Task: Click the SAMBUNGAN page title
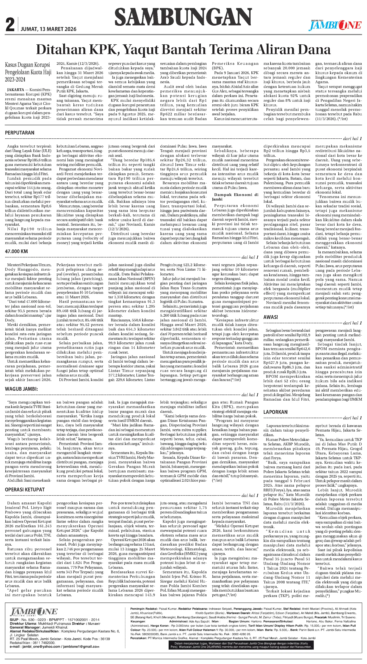pyautogui.click(x=183, y=18)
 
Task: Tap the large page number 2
pyautogui.click(x=10, y=25)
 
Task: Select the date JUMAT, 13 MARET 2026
pyautogui.click(x=49, y=29)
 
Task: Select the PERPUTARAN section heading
pyautogui.click(x=20, y=133)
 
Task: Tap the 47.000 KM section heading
pyautogui.click(x=16, y=251)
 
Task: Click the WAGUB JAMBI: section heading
pyautogui.click(x=21, y=389)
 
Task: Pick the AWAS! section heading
pyautogui.click(x=271, y=317)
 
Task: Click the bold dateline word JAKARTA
pyautogui.click(x=16, y=90)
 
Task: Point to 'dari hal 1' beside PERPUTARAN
pyautogui.click(x=352, y=139)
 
